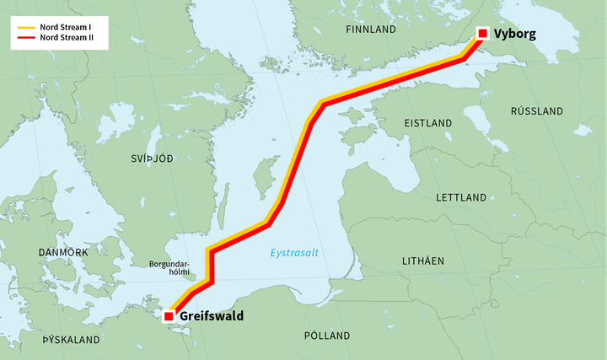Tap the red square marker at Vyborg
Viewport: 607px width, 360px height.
click(x=482, y=34)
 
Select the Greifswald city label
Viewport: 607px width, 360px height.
click(x=212, y=317)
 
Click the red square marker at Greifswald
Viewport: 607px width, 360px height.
click(x=169, y=316)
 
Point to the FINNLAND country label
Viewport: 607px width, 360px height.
click(x=371, y=30)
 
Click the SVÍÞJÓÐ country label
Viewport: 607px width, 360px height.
click(x=152, y=159)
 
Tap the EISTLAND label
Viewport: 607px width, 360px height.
click(x=428, y=123)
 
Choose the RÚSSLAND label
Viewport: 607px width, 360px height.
click(x=537, y=111)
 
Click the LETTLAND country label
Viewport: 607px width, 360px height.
click(x=461, y=197)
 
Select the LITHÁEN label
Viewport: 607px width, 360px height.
click(x=422, y=261)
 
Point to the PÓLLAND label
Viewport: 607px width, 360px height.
click(x=327, y=336)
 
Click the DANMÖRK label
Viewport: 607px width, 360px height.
click(x=63, y=253)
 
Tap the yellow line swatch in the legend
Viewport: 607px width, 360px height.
click(x=25, y=27)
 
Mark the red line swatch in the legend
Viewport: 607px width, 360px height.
click(x=25, y=38)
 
